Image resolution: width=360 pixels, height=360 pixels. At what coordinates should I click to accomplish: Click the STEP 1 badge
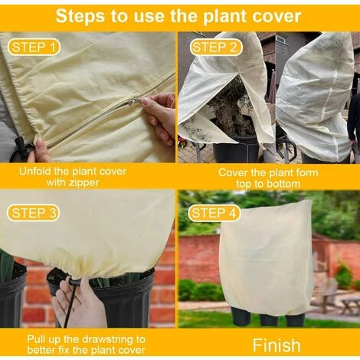pos(32,47)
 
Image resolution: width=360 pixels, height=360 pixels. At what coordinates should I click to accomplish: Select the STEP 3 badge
pos(33,212)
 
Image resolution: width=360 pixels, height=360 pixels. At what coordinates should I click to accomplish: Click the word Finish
pos(276,345)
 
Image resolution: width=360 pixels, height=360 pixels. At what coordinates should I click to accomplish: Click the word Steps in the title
pos(83,15)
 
